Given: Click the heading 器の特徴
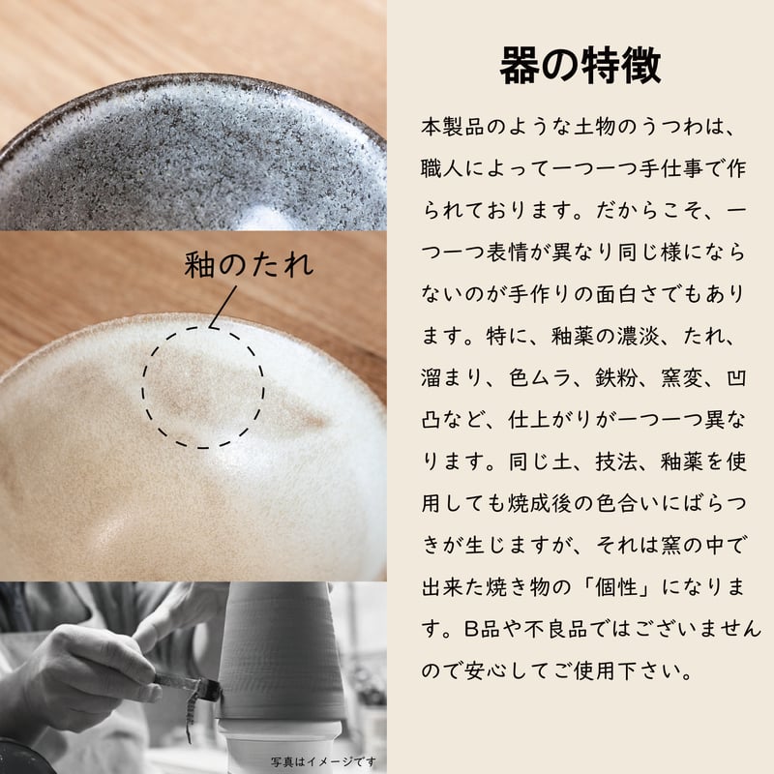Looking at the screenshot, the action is pos(580,66).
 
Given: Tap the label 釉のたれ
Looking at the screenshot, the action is pos(249,264).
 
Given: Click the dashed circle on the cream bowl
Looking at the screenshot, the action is pos(143,388).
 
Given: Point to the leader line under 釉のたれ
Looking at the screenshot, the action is pos(223,307).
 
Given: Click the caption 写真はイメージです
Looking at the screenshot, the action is pos(323,761).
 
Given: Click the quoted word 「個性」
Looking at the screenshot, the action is pos(616,587).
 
